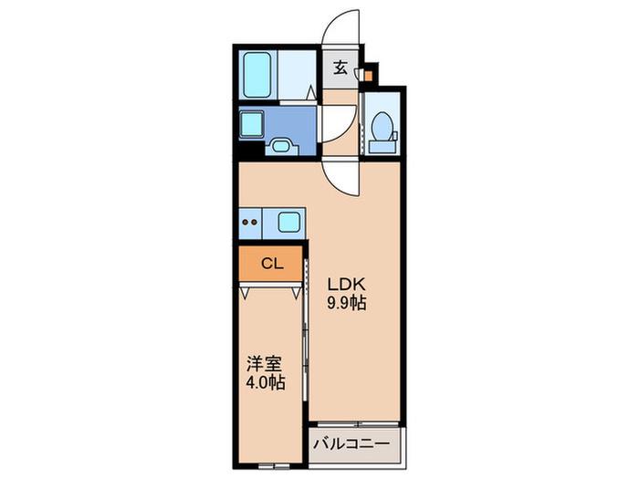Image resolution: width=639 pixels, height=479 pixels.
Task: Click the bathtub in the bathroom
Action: (x=257, y=75)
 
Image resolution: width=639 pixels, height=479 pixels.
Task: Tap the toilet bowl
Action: (x=382, y=125)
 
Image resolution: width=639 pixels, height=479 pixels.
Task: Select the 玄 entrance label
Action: (x=340, y=68)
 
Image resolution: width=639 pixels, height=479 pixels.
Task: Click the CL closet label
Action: (x=272, y=264)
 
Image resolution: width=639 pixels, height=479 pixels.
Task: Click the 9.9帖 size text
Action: (x=347, y=303)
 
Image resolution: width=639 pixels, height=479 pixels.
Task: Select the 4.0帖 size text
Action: (x=265, y=382)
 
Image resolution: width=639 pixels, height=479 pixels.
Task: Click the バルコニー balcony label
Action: (x=351, y=443)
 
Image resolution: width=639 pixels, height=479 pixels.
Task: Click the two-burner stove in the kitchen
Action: (x=250, y=223)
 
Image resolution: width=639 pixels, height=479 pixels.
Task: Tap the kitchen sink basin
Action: (x=288, y=223)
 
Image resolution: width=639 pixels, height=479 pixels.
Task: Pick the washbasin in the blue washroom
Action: (x=280, y=146)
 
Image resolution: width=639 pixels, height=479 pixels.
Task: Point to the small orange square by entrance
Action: (x=368, y=76)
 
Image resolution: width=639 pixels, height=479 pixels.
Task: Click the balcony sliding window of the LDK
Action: (x=358, y=424)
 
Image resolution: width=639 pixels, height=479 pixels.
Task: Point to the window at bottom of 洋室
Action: (x=273, y=464)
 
